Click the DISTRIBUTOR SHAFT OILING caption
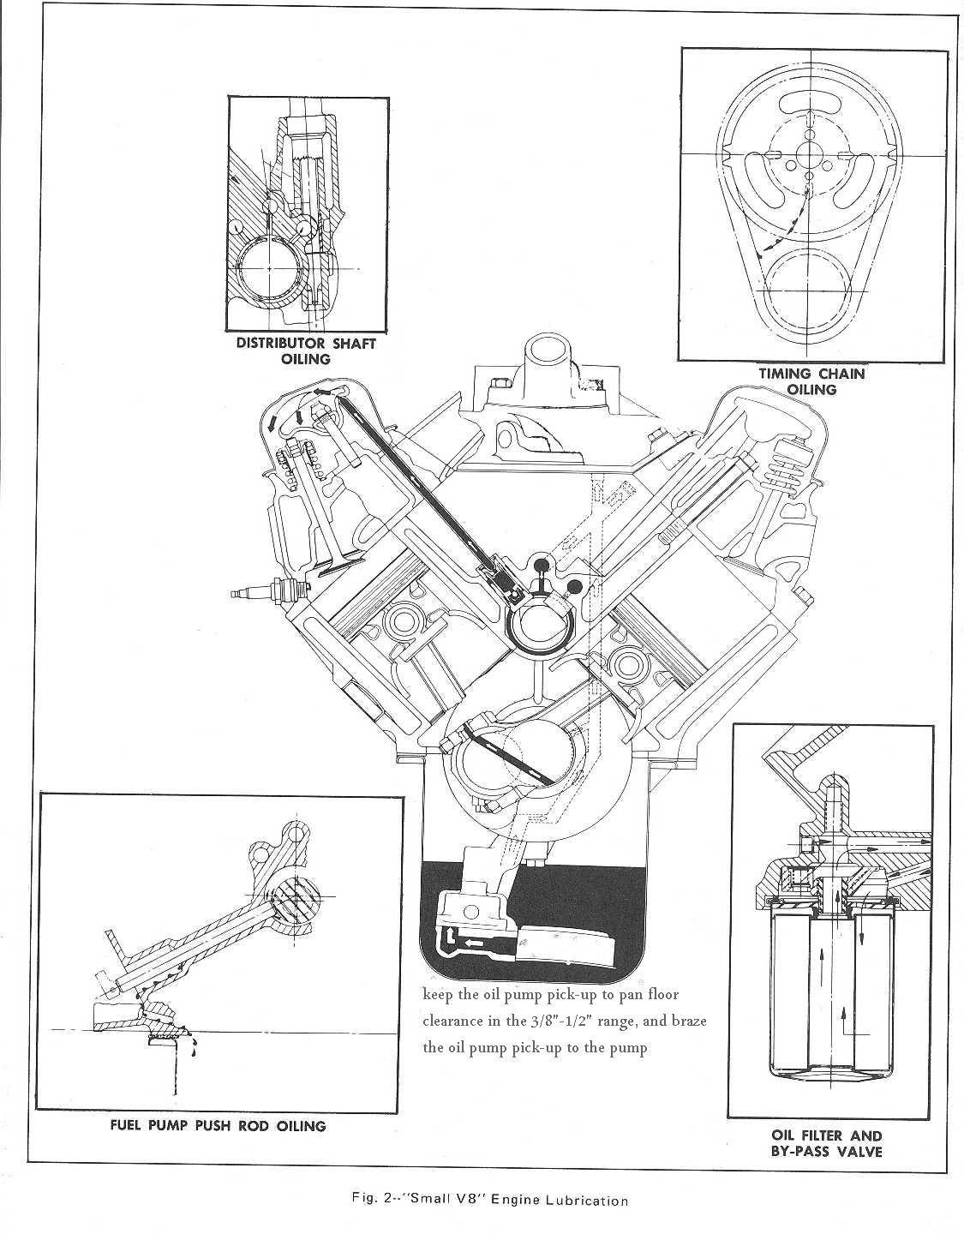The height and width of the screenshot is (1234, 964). [306, 350]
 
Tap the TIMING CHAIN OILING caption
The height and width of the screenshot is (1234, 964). [811, 381]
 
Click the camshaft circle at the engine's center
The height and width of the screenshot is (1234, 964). [539, 626]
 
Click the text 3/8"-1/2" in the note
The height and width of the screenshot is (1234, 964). [566, 1022]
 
